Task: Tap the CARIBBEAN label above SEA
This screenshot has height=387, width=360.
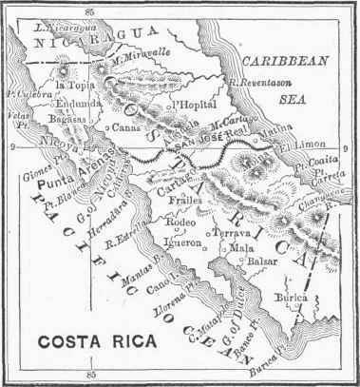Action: [275, 59]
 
